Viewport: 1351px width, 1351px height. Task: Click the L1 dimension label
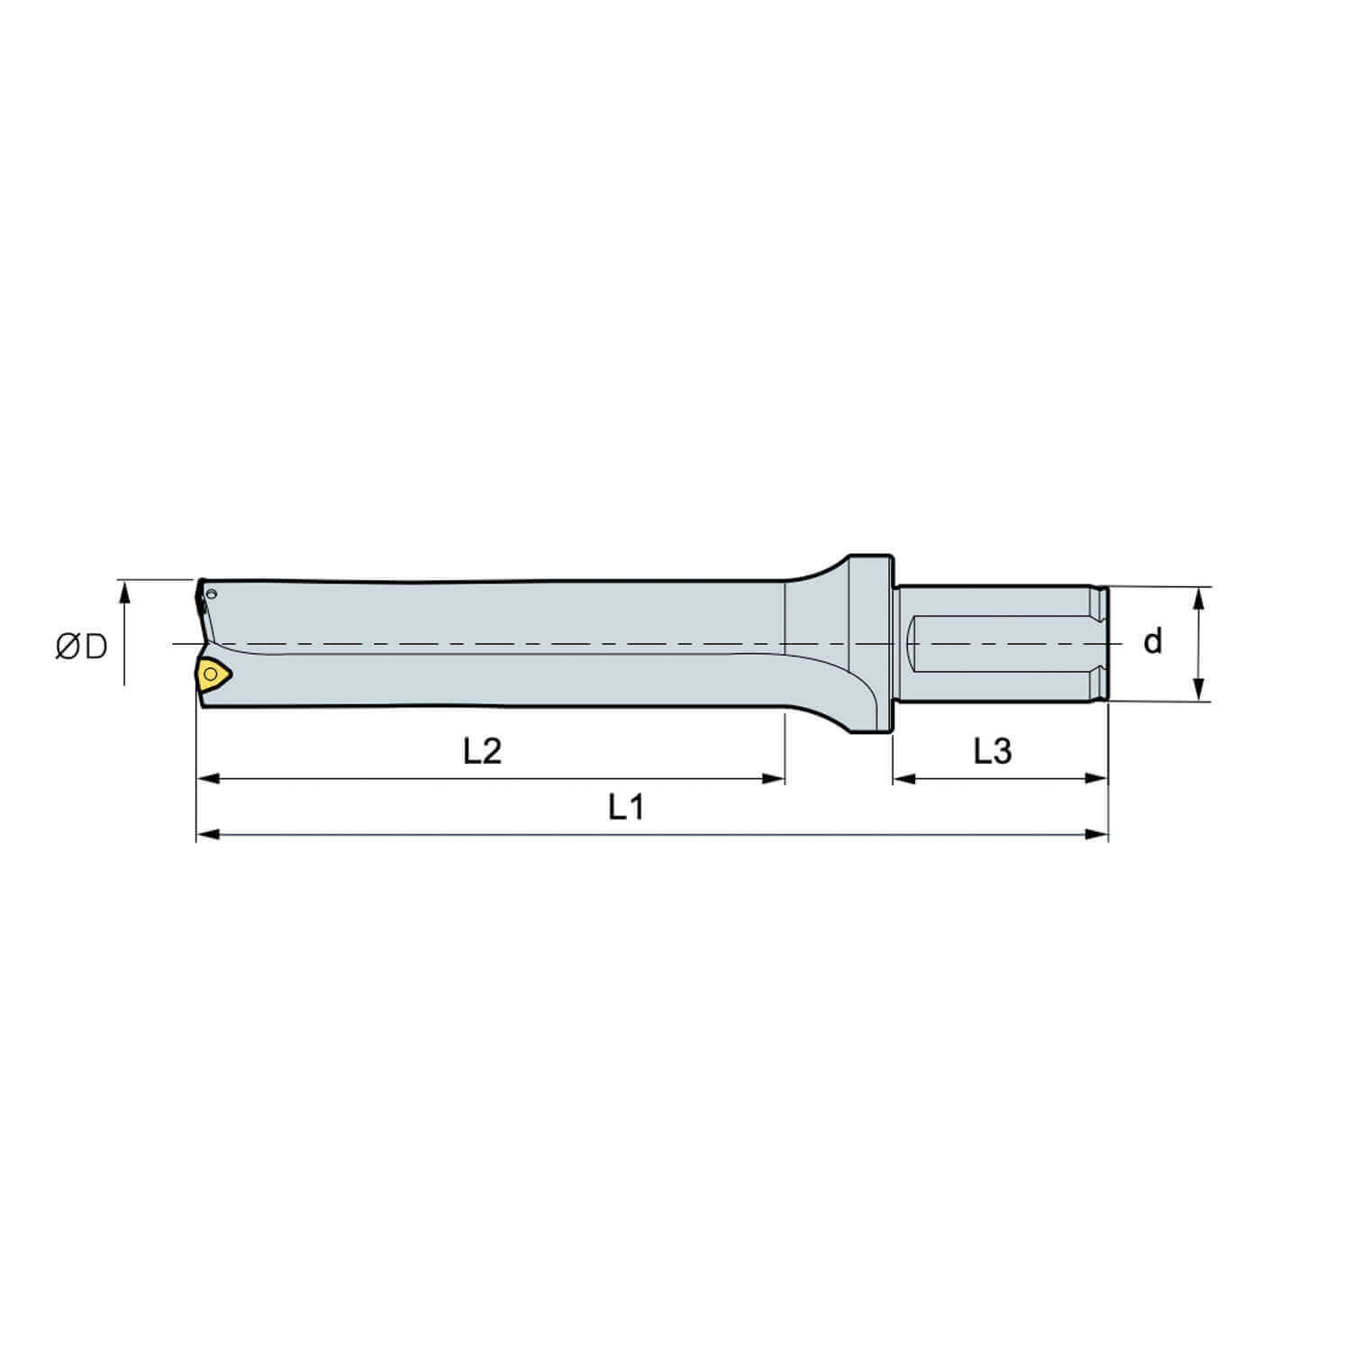[x=626, y=808]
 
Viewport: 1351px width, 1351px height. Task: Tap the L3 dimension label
[x=993, y=750]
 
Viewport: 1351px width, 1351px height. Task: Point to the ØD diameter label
[x=81, y=646]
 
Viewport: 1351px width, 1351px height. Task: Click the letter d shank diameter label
[x=1152, y=642]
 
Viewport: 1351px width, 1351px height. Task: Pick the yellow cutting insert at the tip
[x=213, y=675]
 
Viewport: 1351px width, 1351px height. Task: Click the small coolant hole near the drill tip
[x=212, y=594]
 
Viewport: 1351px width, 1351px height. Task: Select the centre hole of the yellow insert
[x=210, y=673]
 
